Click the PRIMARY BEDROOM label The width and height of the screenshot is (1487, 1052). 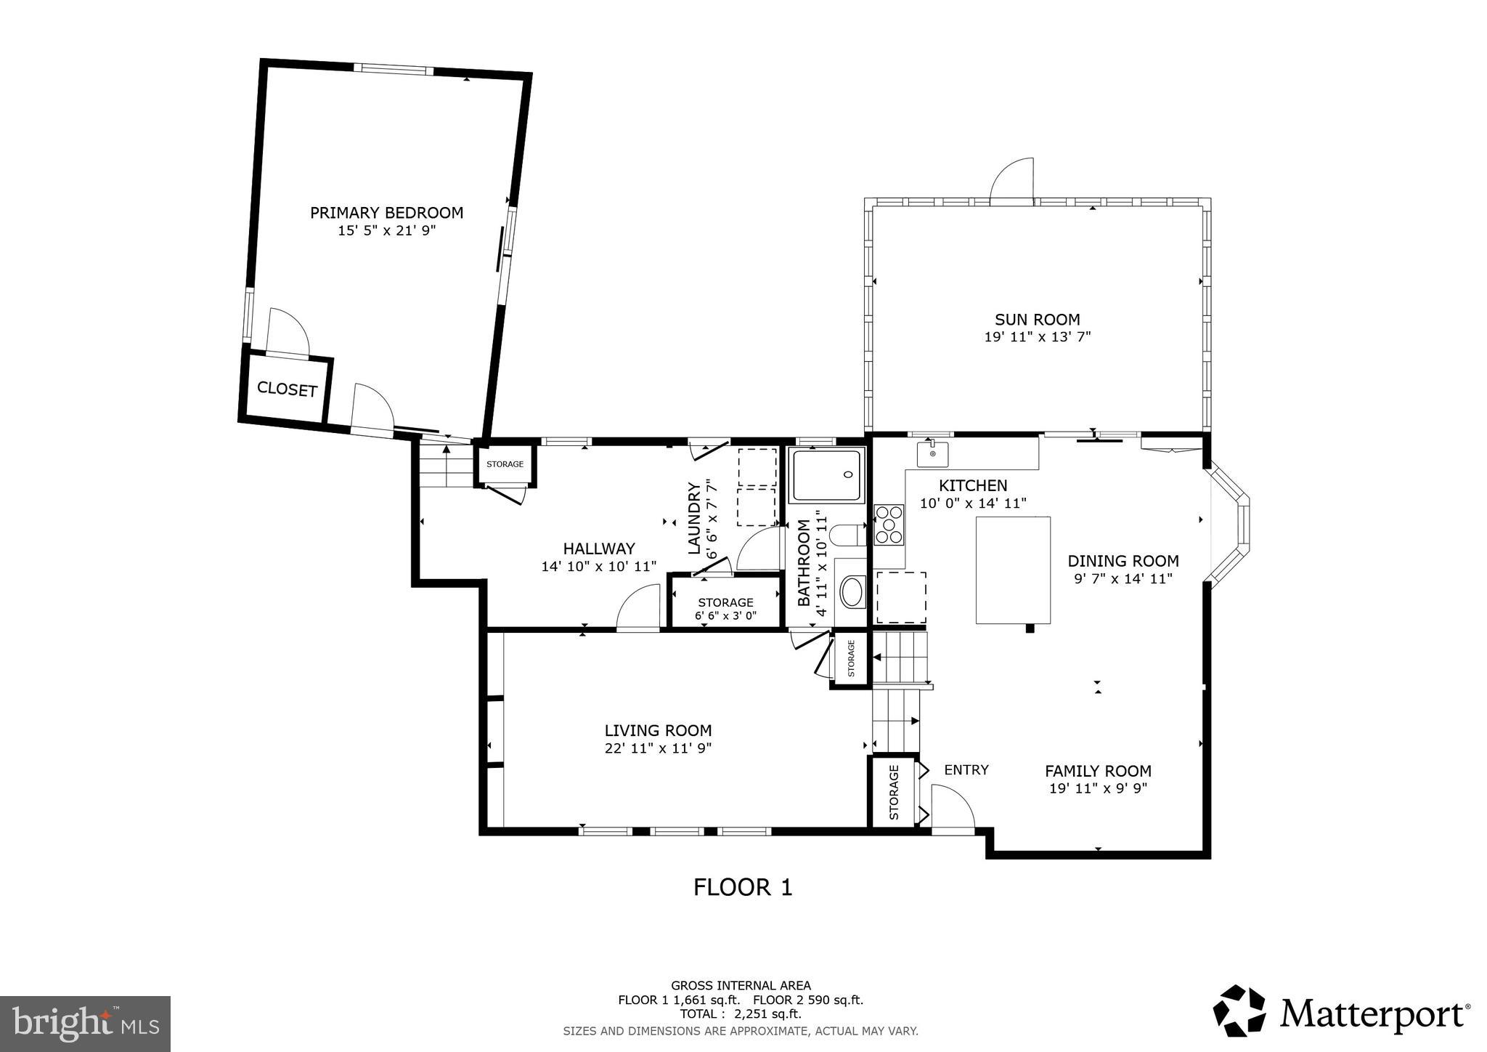tap(386, 213)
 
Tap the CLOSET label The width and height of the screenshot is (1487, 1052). tap(287, 389)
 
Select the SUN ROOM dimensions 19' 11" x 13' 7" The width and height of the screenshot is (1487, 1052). tap(1037, 337)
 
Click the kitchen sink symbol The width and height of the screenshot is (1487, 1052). tap(932, 454)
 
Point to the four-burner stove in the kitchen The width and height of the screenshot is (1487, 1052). tap(889, 525)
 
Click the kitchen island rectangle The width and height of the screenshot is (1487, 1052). tap(1013, 570)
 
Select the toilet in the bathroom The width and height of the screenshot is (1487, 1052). tap(847, 535)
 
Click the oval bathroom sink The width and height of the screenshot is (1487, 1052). tap(852, 592)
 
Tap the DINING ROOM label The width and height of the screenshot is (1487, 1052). tap(1123, 561)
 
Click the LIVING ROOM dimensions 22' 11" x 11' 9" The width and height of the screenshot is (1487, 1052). tap(658, 748)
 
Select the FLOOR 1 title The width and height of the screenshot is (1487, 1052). tap(742, 887)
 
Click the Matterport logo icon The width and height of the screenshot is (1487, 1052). tap(1239, 1011)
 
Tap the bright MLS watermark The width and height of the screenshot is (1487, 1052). tap(85, 1024)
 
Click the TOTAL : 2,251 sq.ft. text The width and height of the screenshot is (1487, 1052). tap(741, 1014)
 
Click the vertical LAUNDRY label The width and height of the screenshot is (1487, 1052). tap(694, 518)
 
